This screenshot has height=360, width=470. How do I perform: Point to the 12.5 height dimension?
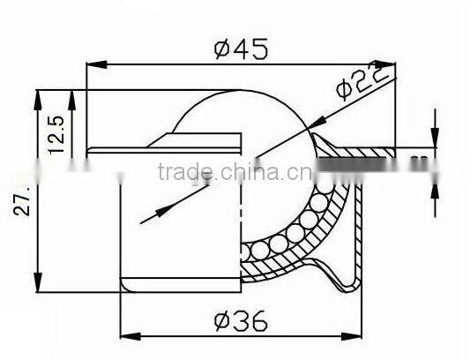click(x=55, y=131)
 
